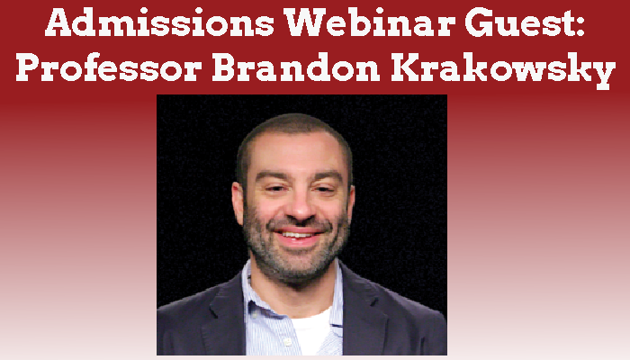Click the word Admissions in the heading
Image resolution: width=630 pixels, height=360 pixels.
[159, 22]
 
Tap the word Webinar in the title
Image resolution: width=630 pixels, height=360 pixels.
[370, 22]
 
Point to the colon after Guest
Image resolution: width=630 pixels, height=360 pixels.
[579, 25]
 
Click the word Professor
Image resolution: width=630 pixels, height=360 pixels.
[109, 67]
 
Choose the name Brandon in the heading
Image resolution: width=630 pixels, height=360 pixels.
[296, 67]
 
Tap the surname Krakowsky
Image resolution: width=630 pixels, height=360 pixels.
[503, 71]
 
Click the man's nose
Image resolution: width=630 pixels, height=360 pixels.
[297, 207]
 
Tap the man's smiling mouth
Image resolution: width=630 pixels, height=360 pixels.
[299, 235]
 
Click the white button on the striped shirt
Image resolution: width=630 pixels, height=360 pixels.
[288, 342]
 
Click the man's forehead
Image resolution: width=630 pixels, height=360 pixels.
[295, 152]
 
